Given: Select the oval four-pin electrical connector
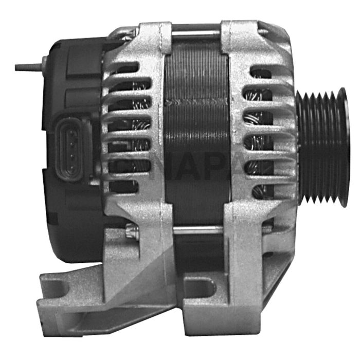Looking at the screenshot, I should click(x=69, y=142).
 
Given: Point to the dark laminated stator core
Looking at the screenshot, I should click(x=195, y=129).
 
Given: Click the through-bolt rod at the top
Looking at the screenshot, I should click(x=195, y=34).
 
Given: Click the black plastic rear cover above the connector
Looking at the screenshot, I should click(x=77, y=77).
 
